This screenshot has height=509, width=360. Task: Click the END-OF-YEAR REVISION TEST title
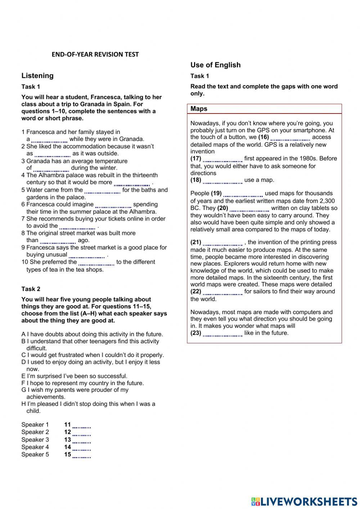click(95, 54)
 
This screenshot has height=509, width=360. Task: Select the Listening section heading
click(37, 76)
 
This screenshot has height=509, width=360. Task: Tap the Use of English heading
click(215, 65)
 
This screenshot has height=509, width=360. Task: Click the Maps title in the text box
click(199, 109)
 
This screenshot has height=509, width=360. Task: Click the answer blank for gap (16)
click(290, 138)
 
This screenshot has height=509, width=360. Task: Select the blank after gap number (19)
click(243, 194)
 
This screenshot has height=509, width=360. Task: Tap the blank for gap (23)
click(222, 334)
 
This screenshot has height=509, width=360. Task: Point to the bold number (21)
click(196, 242)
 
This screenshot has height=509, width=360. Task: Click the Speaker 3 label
click(35, 440)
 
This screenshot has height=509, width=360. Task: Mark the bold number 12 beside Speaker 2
click(68, 432)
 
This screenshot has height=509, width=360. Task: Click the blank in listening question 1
click(49, 139)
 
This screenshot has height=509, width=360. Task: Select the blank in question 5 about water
click(102, 191)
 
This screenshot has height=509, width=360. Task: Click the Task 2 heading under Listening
click(31, 289)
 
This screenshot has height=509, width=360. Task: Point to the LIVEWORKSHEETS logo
click(304, 501)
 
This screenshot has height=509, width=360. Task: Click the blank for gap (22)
click(222, 292)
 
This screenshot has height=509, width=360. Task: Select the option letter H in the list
click(23, 404)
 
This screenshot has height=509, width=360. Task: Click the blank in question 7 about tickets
click(77, 227)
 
